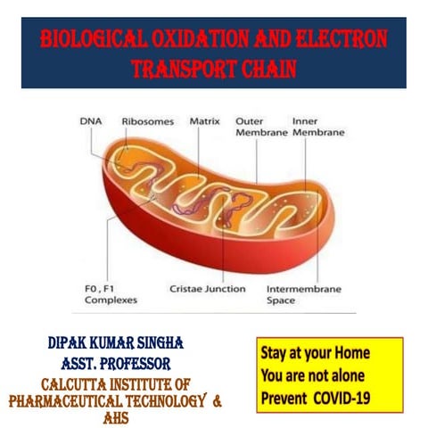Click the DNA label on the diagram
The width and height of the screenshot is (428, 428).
click(x=91, y=119)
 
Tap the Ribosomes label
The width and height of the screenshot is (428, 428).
click(x=143, y=119)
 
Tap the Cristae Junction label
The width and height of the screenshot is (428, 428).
click(x=206, y=289)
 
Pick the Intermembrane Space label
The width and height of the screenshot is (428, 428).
click(x=300, y=295)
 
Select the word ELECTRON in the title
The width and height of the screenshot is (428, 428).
click(x=342, y=39)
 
